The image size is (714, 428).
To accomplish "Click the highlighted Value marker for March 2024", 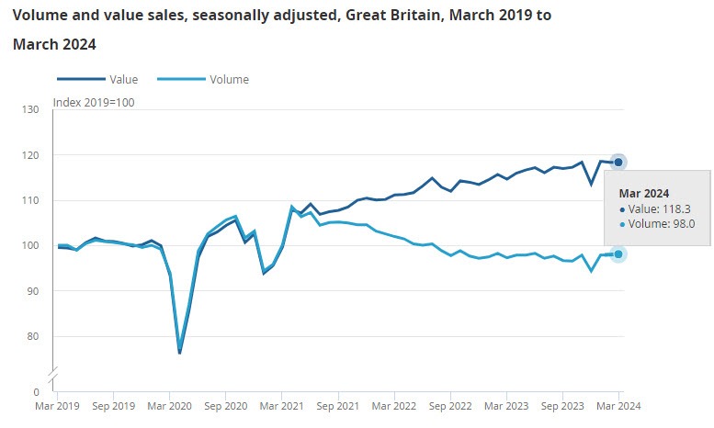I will point(618,162).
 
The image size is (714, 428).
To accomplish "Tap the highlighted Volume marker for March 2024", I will point(618,253).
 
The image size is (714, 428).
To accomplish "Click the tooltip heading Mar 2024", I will point(643,193).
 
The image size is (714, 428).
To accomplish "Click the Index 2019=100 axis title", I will point(94,102).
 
